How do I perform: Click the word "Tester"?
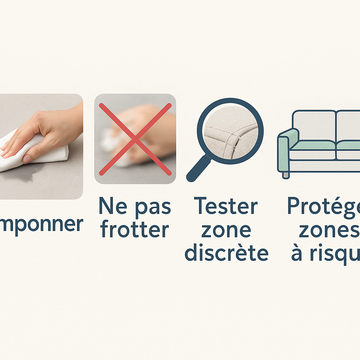pyautogui.click(x=226, y=206)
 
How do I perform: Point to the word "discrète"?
pyautogui.click(x=226, y=253)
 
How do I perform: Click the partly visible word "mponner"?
pyautogui.click(x=41, y=224)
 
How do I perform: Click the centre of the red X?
pyautogui.click(x=135, y=139)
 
